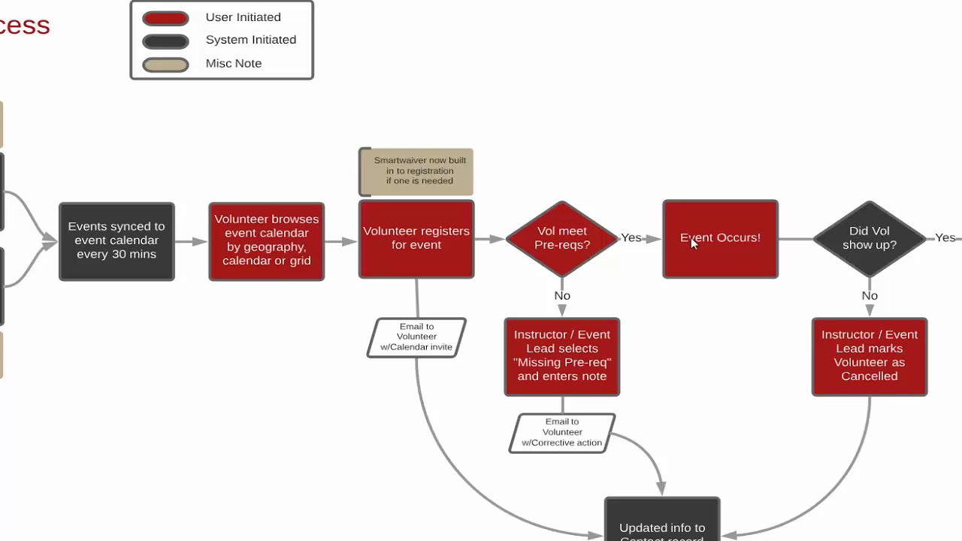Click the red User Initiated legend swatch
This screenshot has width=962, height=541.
[165, 18]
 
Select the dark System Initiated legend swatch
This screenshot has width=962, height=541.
[165, 41]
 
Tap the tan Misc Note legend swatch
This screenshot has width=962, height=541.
[165, 64]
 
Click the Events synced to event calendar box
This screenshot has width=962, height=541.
[116, 241]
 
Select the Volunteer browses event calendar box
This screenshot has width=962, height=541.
[267, 241]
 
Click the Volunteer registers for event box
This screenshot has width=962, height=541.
[416, 239]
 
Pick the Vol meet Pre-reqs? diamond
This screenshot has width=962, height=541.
[562, 238]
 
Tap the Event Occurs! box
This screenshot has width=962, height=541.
[720, 239]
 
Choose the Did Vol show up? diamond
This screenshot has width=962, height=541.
[870, 238]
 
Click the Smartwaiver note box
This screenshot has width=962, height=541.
[417, 171]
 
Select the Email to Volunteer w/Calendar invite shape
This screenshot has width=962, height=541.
[416, 337]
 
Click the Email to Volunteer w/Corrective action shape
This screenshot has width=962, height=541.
[562, 433]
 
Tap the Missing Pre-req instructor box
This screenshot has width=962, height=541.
[562, 356]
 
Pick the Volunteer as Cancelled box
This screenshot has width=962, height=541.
[870, 356]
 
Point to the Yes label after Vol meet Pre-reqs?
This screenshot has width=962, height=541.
[631, 238]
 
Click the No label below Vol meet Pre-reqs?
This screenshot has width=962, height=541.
[562, 296]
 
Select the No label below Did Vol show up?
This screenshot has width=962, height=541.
[870, 296]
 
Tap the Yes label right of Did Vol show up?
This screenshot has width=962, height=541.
[945, 238]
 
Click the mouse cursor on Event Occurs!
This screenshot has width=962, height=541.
[694, 243]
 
